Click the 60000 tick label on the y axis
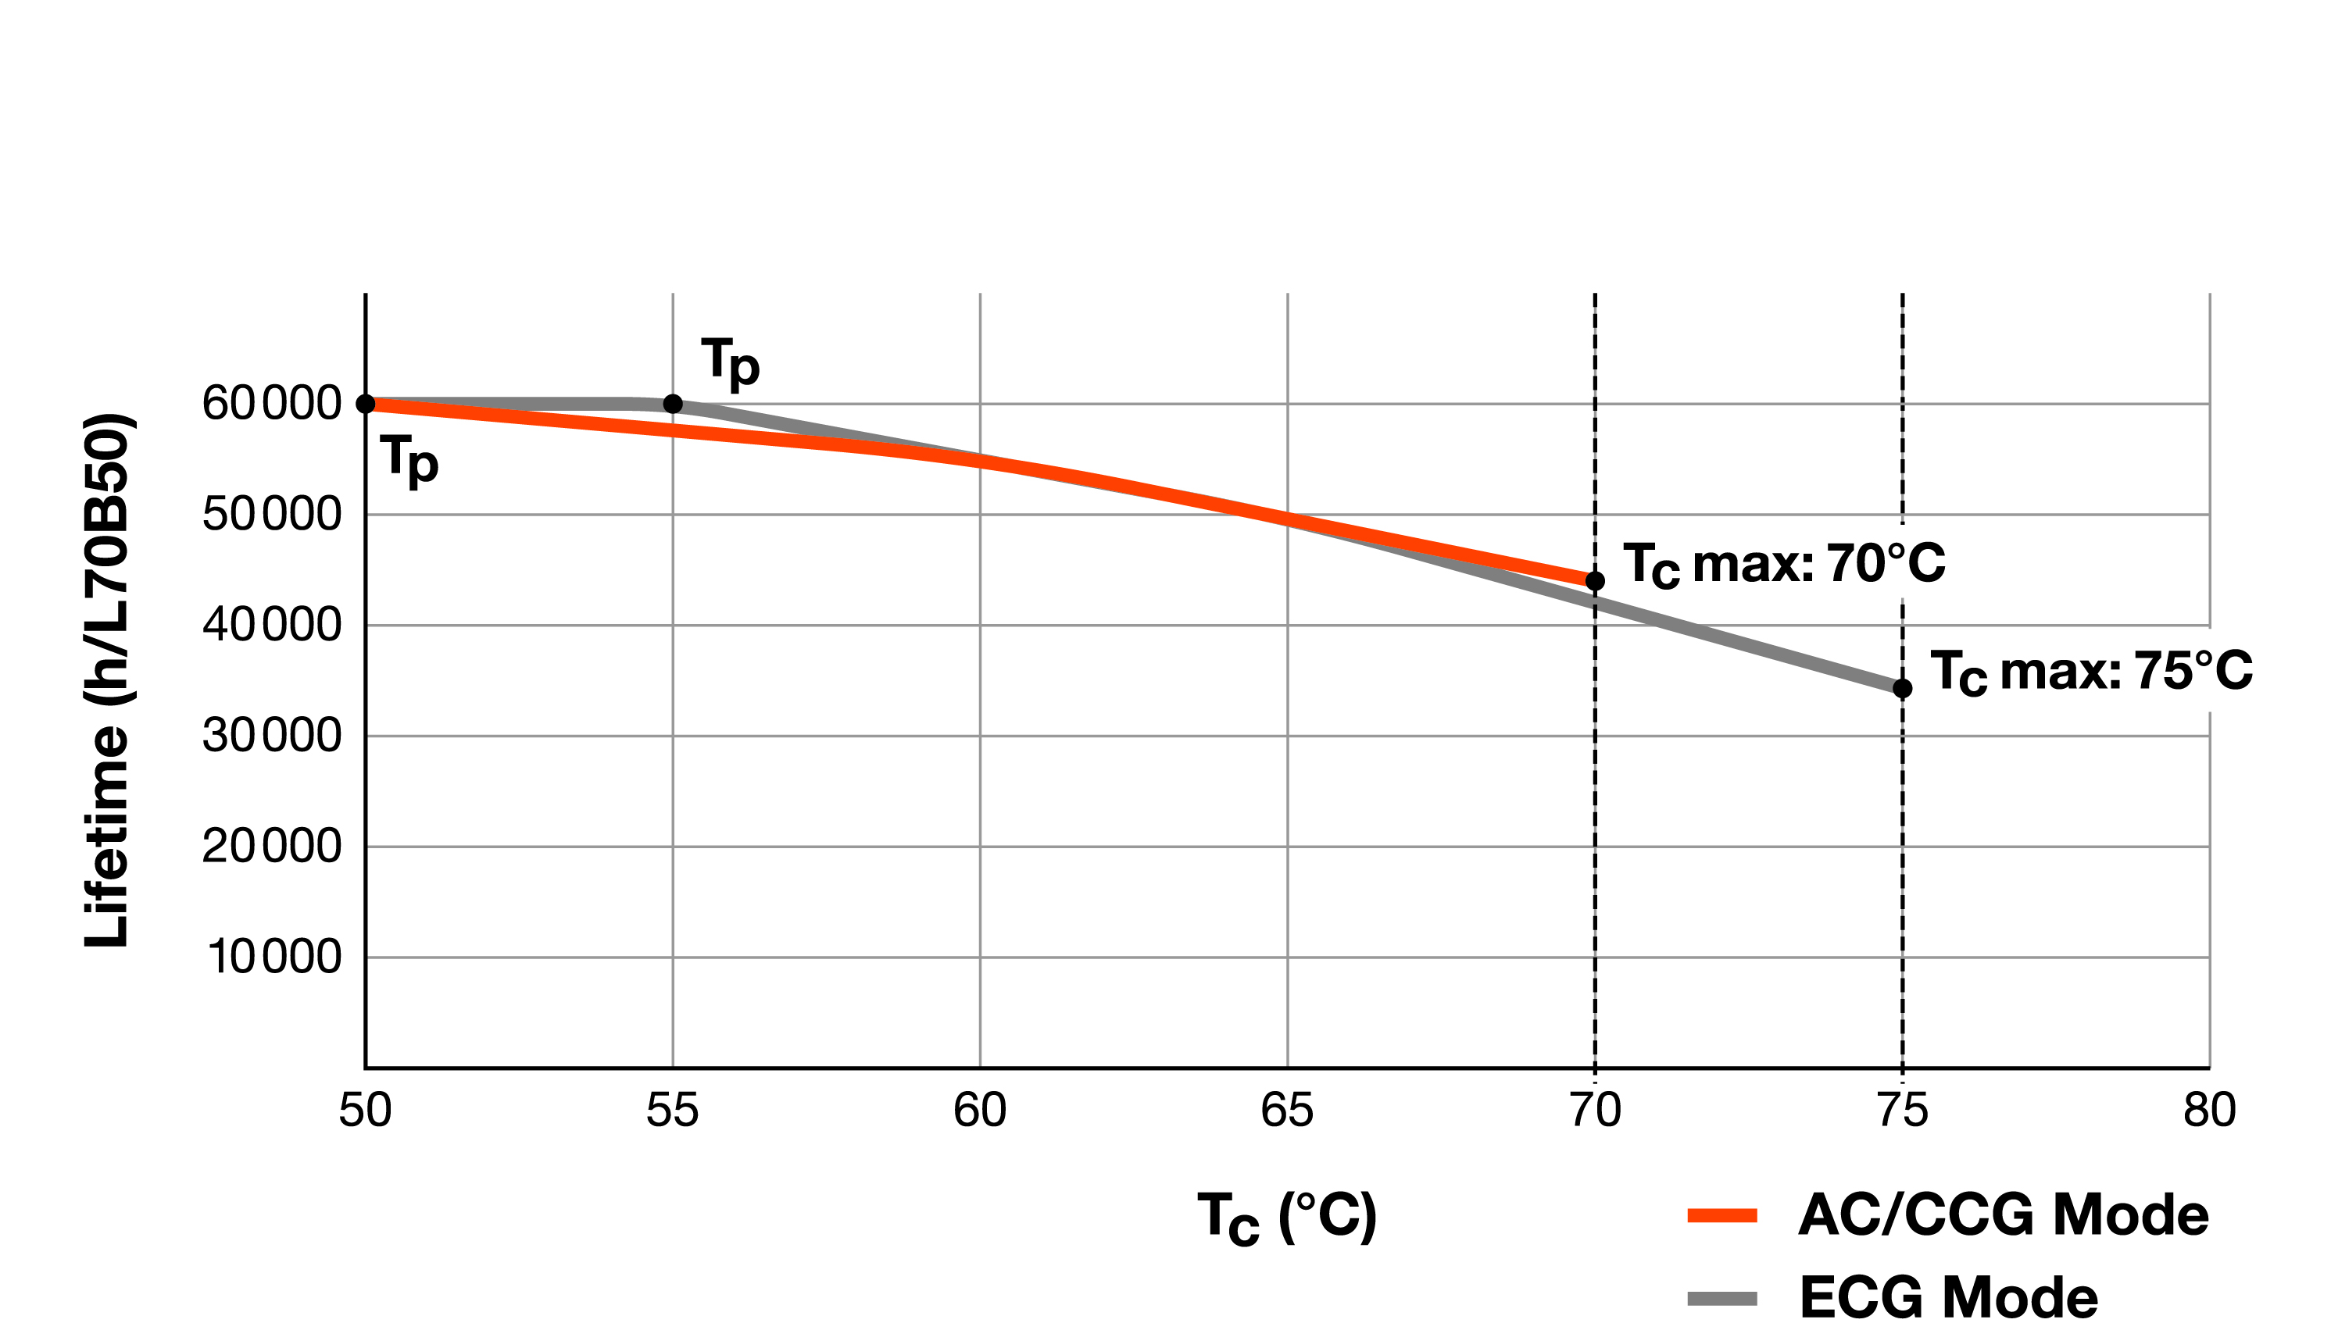click(x=271, y=404)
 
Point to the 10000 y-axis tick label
click(x=274, y=957)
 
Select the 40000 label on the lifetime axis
click(x=271, y=625)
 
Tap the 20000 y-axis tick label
click(x=271, y=846)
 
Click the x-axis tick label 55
click(x=672, y=1111)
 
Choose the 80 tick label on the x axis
click(x=2209, y=1111)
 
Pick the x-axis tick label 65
click(x=1286, y=1111)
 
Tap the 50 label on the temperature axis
click(x=365, y=1111)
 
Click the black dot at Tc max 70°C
click(x=1595, y=580)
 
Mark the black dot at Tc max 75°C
click(x=1902, y=689)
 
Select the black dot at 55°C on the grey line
click(x=673, y=404)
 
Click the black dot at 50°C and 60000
click(x=366, y=404)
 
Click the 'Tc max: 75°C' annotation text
click(x=2091, y=672)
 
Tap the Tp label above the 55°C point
click(x=730, y=362)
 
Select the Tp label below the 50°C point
click(x=410, y=460)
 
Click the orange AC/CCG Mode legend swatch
click(x=1722, y=1216)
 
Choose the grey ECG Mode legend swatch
click(x=1722, y=1297)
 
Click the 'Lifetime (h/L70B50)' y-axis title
click(x=109, y=682)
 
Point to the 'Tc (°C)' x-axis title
click(x=1286, y=1218)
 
